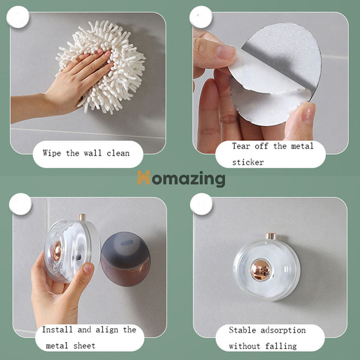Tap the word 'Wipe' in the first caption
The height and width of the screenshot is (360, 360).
52,153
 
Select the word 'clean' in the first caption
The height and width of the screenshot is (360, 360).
118,153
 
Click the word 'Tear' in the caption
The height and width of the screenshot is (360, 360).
241,146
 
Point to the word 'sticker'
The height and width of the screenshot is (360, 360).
248,162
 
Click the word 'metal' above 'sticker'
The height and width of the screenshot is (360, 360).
302,146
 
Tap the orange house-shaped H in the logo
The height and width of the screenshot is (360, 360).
144,177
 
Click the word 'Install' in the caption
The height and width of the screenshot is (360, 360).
57,329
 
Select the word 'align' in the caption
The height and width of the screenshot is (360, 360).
107,330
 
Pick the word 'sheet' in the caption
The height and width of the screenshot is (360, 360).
84,346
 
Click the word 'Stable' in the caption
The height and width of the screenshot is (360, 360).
243,330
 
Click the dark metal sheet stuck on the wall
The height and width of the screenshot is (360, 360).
126,259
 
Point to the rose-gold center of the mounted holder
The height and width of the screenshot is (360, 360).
260,270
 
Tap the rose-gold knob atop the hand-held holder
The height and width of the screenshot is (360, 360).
82,217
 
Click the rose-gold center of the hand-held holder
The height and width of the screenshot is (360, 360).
57,251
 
